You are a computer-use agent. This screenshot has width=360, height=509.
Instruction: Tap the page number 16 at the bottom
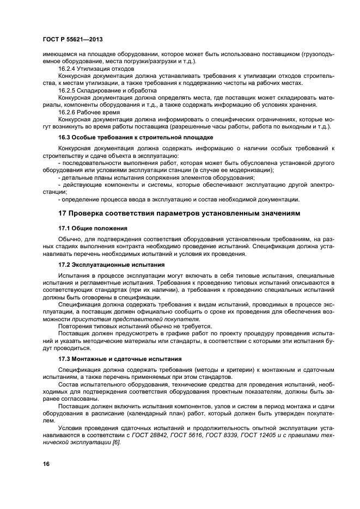(46, 464)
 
